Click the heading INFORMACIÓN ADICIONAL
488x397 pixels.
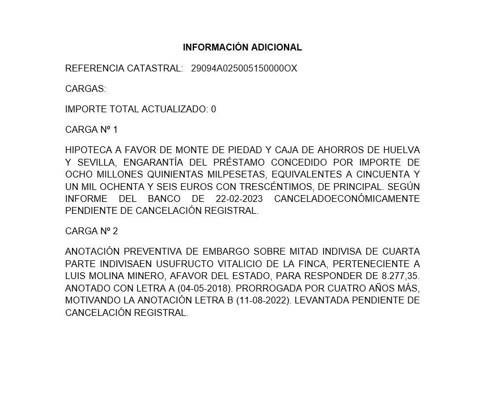point(242,48)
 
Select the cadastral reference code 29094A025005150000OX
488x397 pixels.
point(244,69)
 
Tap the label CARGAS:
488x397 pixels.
point(86,89)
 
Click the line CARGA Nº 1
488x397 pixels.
point(91,130)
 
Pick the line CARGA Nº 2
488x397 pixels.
point(91,231)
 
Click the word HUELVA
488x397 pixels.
point(401,150)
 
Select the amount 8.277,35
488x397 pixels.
point(400,276)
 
